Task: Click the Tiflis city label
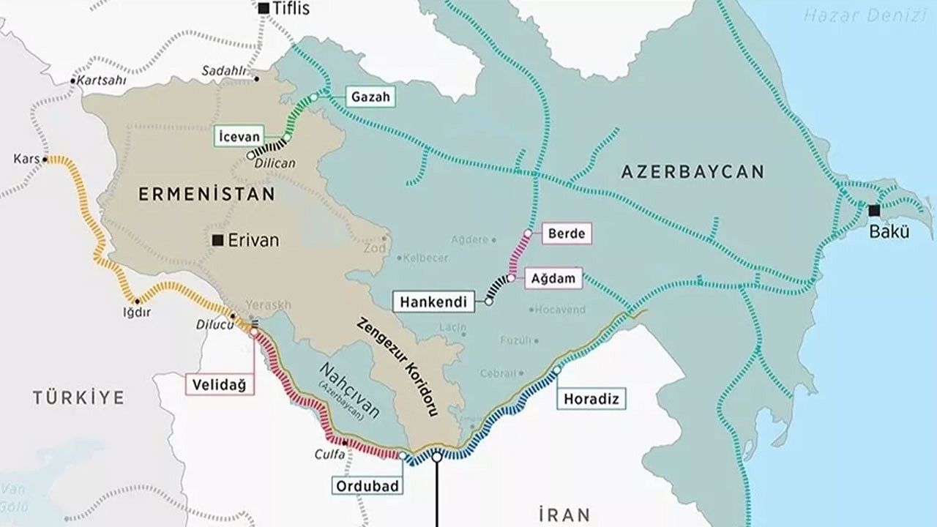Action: pyautogui.click(x=291, y=9)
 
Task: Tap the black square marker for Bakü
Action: pyautogui.click(x=874, y=211)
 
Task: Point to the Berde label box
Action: pyautogui.click(x=567, y=234)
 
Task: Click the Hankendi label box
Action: pyautogui.click(x=435, y=300)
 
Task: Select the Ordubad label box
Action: pyautogui.click(x=368, y=485)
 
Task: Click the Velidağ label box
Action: pyautogui.click(x=219, y=384)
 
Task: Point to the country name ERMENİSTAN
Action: pyautogui.click(x=206, y=195)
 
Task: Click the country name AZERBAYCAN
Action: pyautogui.click(x=692, y=172)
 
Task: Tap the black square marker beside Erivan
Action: pyautogui.click(x=217, y=240)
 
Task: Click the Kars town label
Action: pyautogui.click(x=26, y=158)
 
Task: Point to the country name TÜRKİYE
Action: pyautogui.click(x=78, y=397)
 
